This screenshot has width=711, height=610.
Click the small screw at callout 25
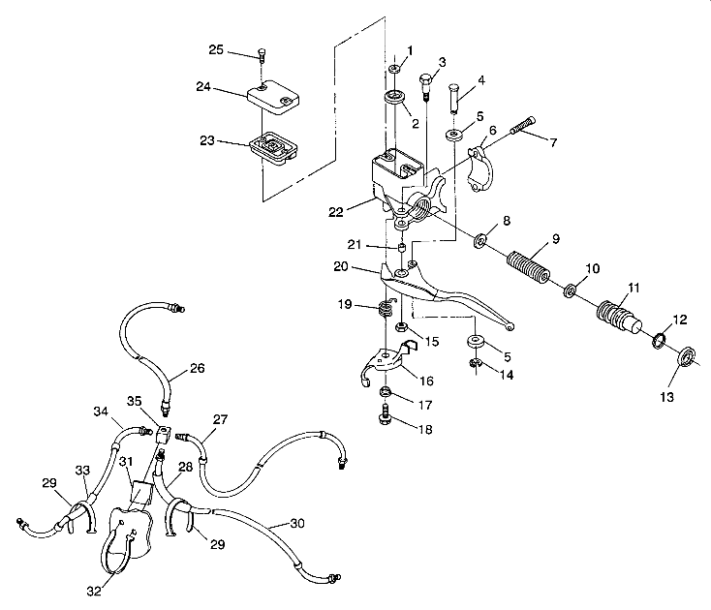(262, 55)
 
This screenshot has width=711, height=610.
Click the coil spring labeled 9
(529, 266)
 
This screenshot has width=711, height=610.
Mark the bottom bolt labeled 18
(385, 419)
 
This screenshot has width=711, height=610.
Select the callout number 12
(681, 320)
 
